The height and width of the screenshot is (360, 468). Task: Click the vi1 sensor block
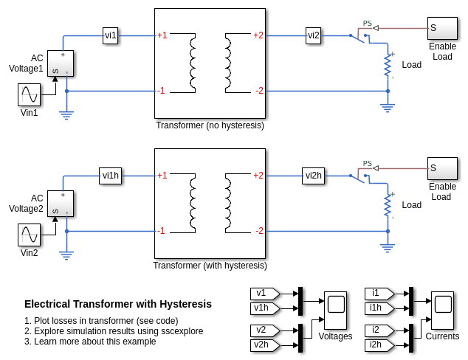[111, 35]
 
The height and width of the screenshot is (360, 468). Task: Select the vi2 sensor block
[314, 35]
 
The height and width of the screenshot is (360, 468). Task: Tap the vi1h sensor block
[111, 175]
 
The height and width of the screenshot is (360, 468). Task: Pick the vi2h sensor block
[314, 175]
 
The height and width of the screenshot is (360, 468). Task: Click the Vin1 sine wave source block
[30, 95]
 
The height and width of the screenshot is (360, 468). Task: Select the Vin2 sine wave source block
[30, 235]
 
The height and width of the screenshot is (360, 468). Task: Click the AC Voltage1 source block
[61, 63]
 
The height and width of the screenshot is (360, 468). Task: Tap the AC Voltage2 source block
[61, 204]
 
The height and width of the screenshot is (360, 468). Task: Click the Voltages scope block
[335, 311]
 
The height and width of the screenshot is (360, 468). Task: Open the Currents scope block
[443, 311]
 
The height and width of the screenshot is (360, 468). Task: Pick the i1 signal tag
[379, 293]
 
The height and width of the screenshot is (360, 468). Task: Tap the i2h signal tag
[379, 345]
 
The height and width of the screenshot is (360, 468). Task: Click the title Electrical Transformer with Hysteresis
[118, 304]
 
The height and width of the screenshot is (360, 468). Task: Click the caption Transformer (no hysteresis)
[210, 125]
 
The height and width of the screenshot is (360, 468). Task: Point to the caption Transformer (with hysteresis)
[210, 266]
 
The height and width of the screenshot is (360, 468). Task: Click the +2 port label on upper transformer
[258, 35]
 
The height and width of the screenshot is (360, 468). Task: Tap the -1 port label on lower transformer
[161, 231]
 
